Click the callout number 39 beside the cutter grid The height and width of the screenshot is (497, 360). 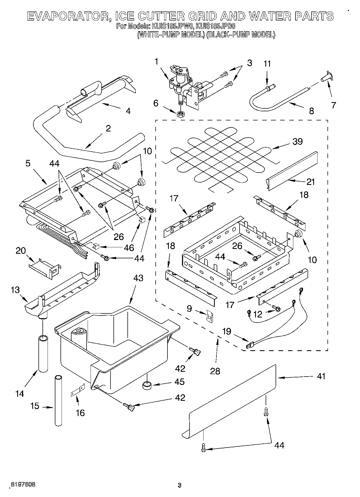[x=297, y=141]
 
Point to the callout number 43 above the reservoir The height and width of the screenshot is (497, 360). [x=138, y=278]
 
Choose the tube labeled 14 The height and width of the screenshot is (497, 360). [x=43, y=353]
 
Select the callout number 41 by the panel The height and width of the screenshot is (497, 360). [x=321, y=376]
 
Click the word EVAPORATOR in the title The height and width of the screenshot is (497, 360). [x=67, y=16]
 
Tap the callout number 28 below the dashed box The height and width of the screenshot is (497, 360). [x=215, y=371]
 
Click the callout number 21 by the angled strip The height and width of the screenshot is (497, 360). [x=311, y=182]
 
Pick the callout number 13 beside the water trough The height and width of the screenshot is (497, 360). [x=15, y=290]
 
